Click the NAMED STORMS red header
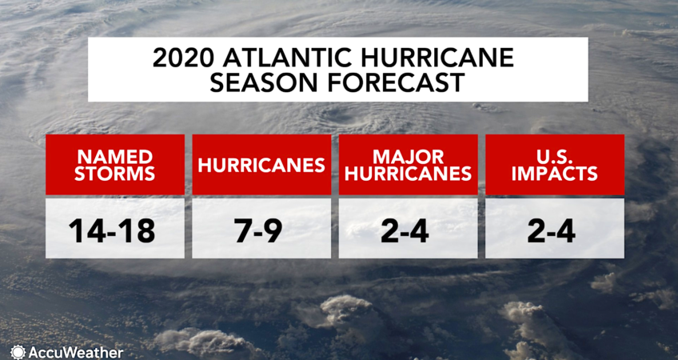pyautogui.click(x=114, y=165)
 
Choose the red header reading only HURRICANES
pyautogui.click(x=261, y=165)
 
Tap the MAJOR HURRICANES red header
pyautogui.click(x=408, y=165)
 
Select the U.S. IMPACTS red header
pyautogui.click(x=555, y=165)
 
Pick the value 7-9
pyautogui.click(x=261, y=230)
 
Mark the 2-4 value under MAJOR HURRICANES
pyautogui.click(x=408, y=230)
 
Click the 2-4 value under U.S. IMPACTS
pyautogui.click(x=555, y=230)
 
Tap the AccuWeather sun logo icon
pyautogui.click(x=18, y=351)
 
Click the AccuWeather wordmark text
pyautogui.click(x=76, y=351)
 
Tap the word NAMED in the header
pyautogui.click(x=114, y=154)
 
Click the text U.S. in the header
pyautogui.click(x=555, y=154)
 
